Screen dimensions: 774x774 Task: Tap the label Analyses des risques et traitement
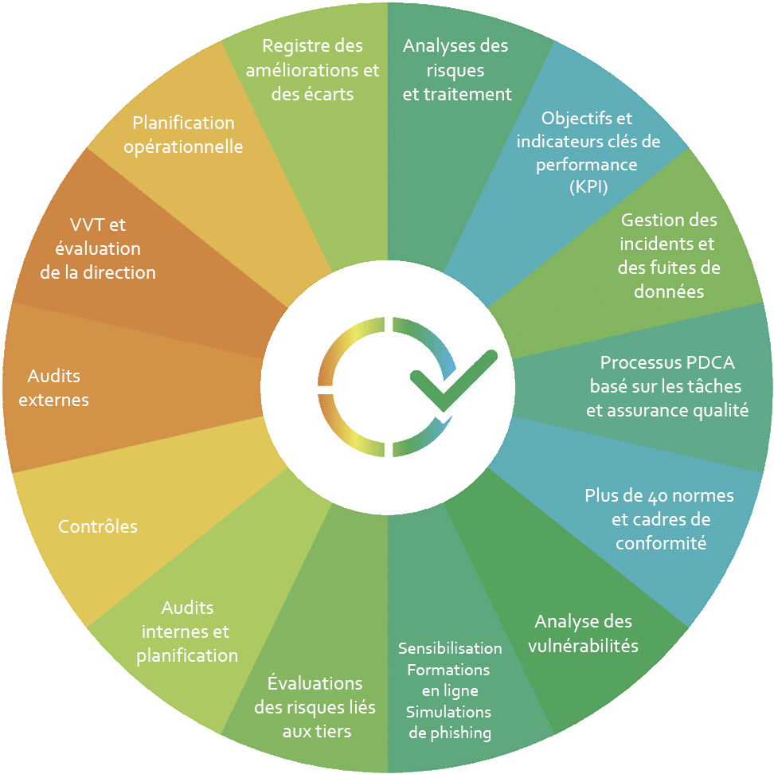tap(456, 70)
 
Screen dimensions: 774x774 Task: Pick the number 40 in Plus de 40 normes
tap(666, 496)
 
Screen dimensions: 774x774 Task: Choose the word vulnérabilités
tap(583, 646)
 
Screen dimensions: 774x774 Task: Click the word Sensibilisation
tap(450, 648)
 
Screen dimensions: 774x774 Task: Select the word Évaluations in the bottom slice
tap(315, 683)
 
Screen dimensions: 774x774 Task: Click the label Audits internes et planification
tap(187, 631)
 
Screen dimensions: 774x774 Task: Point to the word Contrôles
tap(98, 526)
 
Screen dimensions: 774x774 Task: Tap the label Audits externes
tap(53, 388)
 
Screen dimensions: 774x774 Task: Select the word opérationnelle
tap(184, 147)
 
